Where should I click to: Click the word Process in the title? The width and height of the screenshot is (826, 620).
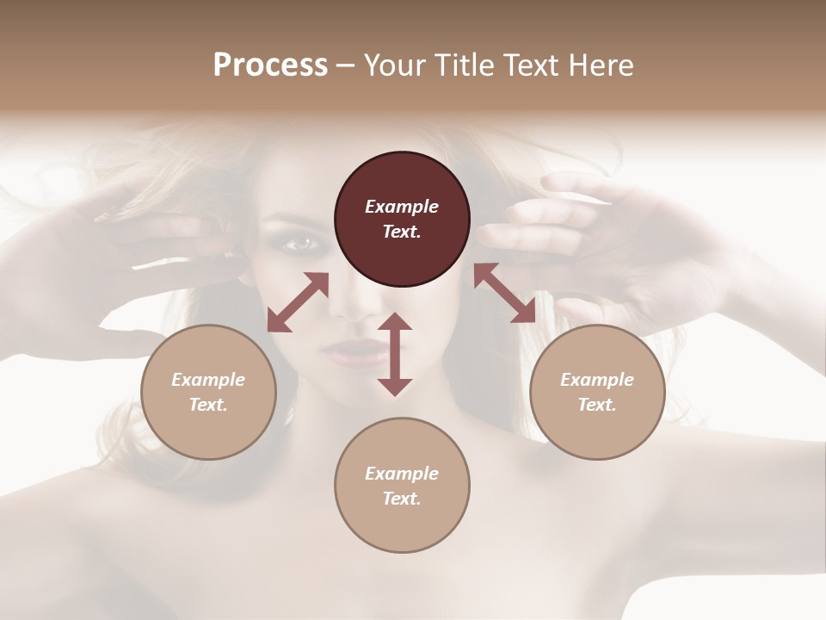270,65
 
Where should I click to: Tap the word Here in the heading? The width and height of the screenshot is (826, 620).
601,65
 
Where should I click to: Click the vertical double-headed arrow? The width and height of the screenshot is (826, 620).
395,354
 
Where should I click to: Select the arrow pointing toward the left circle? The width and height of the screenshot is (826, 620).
298,302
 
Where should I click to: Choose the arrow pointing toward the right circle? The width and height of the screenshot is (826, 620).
504,294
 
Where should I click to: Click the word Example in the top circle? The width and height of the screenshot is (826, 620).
402,207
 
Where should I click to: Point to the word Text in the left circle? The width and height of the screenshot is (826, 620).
208,405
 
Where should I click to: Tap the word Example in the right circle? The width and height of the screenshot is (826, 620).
597,380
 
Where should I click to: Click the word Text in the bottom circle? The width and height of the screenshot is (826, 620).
402,499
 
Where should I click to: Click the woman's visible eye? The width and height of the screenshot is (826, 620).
302,245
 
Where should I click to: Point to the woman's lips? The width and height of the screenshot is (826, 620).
353,351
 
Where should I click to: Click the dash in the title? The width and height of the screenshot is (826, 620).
345,65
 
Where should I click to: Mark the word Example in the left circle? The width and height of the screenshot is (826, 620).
208,380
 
